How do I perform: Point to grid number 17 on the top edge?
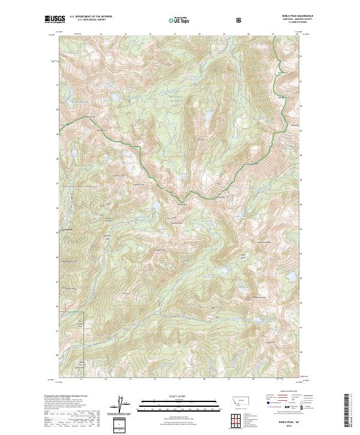click(175, 35)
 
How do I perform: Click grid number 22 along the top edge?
click(297, 35)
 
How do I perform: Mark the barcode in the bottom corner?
click(351, 413)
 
